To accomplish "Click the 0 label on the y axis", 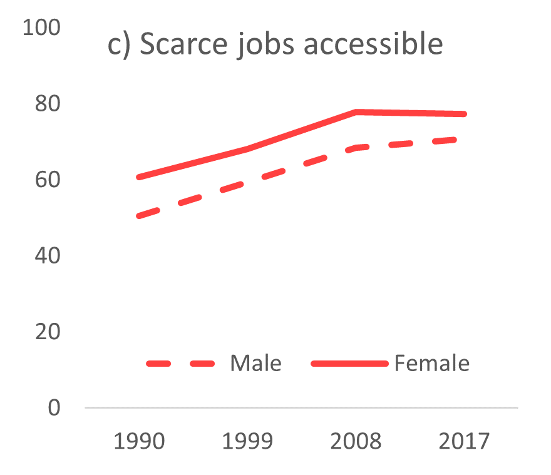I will point(55,407).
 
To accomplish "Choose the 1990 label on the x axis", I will point(139,441).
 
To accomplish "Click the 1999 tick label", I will point(248,441).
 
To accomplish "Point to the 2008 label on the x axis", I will point(356,441).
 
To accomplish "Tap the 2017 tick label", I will point(464,441).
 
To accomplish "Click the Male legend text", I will point(255,363).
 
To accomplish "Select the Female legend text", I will point(431,363).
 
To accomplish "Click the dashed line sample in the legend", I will point(181,363).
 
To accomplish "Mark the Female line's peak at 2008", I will point(356,112).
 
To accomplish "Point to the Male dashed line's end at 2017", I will point(463,139).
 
